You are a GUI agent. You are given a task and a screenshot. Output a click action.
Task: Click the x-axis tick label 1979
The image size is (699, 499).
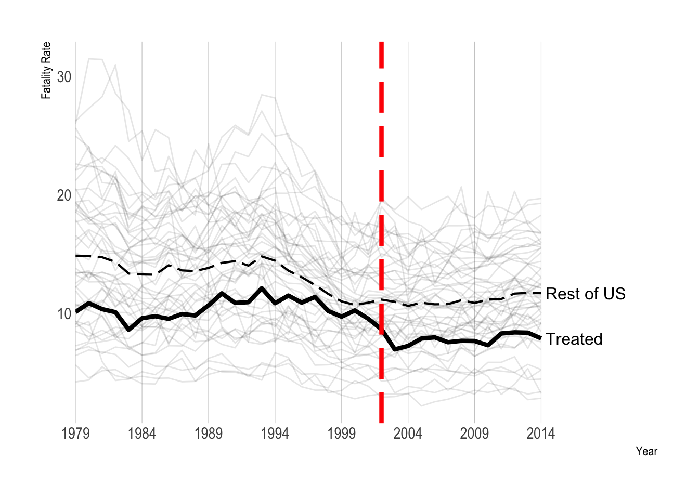[75, 434]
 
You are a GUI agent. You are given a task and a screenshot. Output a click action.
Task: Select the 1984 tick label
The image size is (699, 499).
[142, 434]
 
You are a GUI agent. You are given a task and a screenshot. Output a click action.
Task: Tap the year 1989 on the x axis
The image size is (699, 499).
[209, 434]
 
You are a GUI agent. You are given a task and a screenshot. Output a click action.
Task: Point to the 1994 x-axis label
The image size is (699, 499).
[275, 434]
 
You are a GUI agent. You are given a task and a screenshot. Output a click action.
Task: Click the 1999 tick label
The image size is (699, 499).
[342, 434]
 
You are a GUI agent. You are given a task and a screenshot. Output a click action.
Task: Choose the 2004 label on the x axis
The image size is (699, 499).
[408, 434]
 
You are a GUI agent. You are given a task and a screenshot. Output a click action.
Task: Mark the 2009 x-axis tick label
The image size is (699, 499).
[474, 434]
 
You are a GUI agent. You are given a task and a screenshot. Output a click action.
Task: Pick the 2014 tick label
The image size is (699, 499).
[541, 434]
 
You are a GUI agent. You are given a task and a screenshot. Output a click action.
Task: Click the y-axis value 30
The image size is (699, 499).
[64, 77]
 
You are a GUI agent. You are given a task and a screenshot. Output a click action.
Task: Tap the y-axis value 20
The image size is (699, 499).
[64, 195]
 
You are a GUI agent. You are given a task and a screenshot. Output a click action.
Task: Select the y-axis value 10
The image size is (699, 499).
[64, 314]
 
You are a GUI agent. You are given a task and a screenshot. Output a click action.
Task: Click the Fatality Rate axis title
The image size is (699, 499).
[46, 71]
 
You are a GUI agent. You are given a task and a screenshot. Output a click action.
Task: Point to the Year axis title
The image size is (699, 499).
[646, 451]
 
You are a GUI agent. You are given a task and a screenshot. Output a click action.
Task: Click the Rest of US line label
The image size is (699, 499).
[586, 294]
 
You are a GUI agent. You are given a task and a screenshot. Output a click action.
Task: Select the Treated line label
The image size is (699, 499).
[574, 339]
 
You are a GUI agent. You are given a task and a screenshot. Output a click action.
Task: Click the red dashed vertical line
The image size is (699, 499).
[381, 156]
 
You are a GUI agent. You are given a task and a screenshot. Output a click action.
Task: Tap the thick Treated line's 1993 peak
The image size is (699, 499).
[262, 288]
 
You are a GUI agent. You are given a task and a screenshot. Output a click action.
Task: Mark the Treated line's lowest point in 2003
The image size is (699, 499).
[395, 349]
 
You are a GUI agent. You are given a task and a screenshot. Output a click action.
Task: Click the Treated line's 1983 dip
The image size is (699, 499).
[129, 330]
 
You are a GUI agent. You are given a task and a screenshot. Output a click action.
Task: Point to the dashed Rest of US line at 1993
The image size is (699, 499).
[262, 256]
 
